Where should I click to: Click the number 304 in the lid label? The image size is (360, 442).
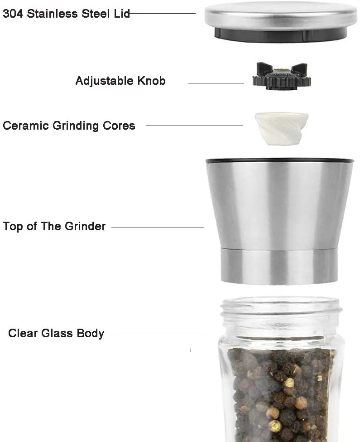pyautogui.click(x=13, y=13)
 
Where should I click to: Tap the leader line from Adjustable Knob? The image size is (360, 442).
pyautogui.click(x=216, y=83)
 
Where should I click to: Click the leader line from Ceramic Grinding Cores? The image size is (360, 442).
pyautogui.click(x=194, y=126)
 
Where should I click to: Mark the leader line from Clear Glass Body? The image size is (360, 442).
pyautogui.click(x=158, y=333)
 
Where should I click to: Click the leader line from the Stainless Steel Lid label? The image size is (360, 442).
pyautogui.click(x=163, y=13)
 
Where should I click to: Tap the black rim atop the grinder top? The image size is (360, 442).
pyautogui.click(x=279, y=160)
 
